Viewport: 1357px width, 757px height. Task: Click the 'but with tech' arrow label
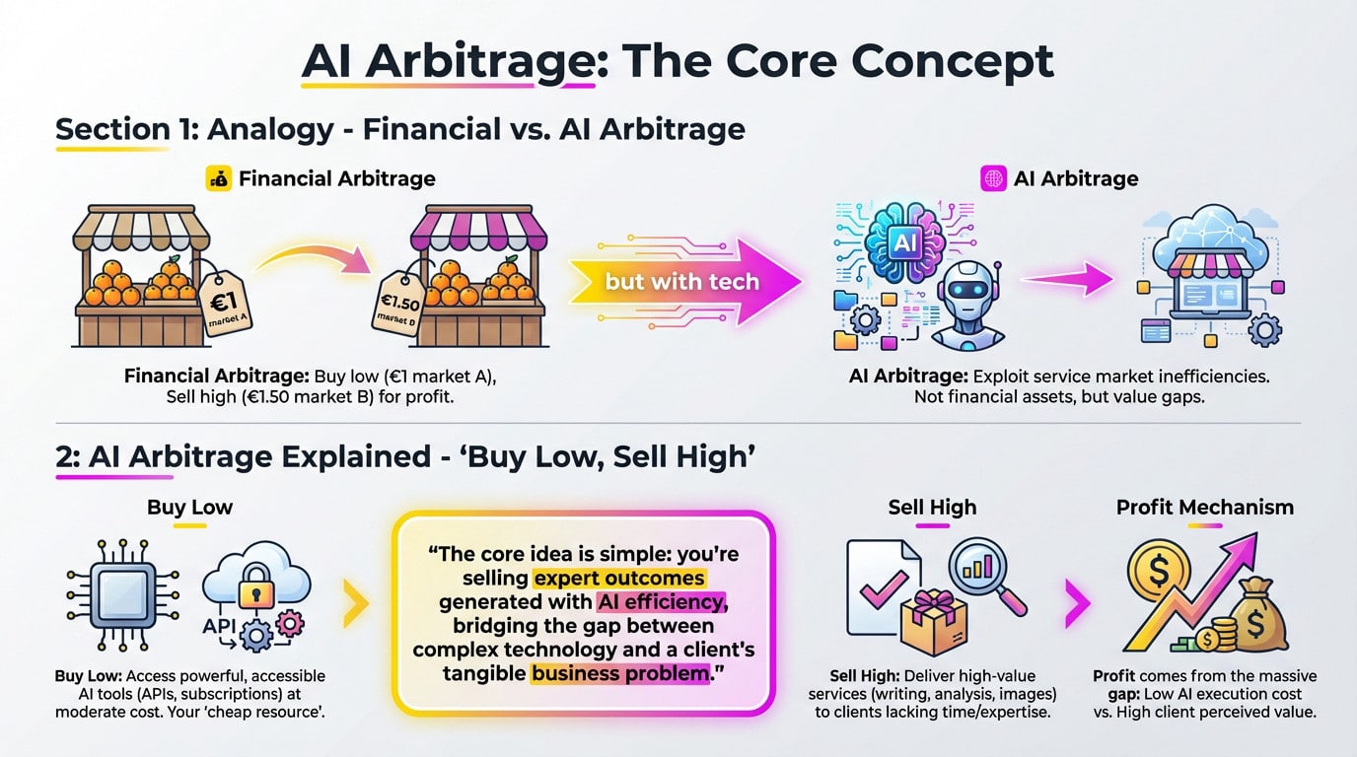pyautogui.click(x=681, y=281)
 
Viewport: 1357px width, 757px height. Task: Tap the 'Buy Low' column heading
pyautogui.click(x=189, y=507)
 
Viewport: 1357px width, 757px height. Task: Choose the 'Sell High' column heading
pyautogui.click(x=932, y=507)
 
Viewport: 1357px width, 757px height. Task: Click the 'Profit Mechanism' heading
pyautogui.click(x=1204, y=507)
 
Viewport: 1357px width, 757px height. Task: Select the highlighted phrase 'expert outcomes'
pyautogui.click(x=619, y=577)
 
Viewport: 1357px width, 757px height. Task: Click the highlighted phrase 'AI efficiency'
pyautogui.click(x=661, y=601)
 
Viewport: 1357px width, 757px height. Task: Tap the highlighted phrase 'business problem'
pyautogui.click(x=619, y=674)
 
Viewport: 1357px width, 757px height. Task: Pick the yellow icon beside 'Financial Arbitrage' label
pyautogui.click(x=218, y=178)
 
